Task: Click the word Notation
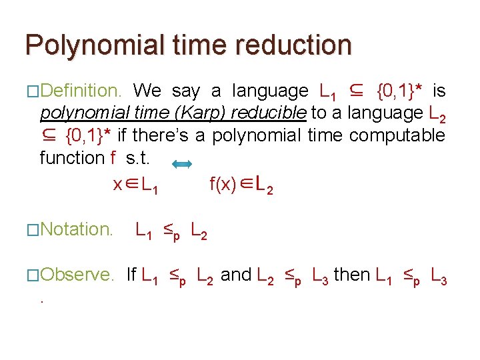pos(77,230)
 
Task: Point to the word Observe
pos(77,275)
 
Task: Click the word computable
pos(397,135)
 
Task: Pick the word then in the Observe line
pos(352,275)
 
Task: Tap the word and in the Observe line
pos(236,275)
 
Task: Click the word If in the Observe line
pos(131,275)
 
